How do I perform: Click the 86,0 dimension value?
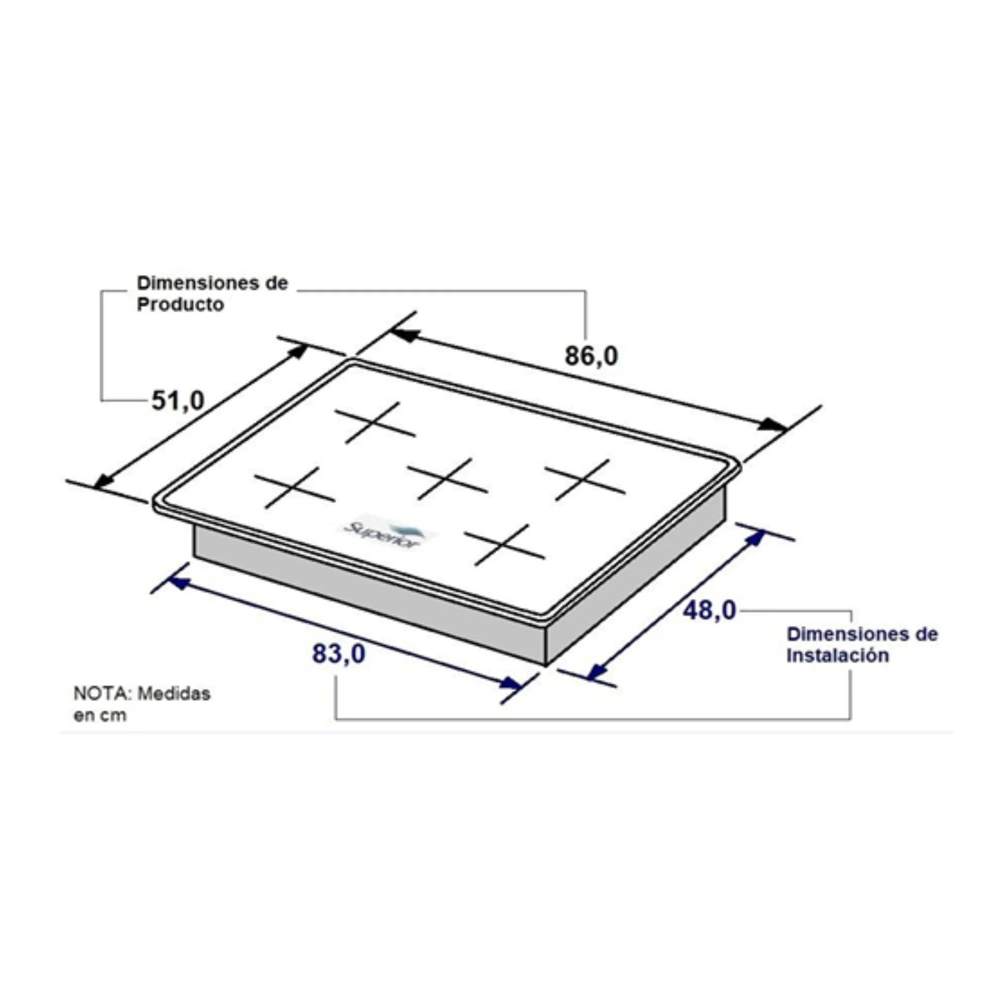tap(591, 356)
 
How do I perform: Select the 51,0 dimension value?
tap(178, 401)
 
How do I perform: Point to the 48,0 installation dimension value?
tap(709, 610)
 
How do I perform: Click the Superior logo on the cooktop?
tap(389, 533)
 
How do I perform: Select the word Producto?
tap(180, 304)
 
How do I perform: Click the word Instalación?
tap(838, 656)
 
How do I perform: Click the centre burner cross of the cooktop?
tap(447, 479)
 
